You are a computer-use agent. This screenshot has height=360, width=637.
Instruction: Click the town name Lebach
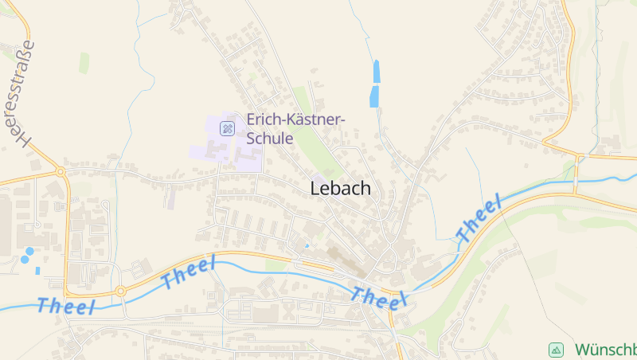point(340,189)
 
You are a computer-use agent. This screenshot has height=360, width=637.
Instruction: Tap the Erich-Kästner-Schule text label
point(295,128)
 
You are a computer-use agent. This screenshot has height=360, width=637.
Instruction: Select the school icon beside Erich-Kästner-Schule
point(228,127)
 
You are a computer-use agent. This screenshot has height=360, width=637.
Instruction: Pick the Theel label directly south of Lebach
point(378,297)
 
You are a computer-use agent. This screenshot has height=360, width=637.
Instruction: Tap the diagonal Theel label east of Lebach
point(479,217)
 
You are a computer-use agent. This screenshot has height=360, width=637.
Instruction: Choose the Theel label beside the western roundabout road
point(188,273)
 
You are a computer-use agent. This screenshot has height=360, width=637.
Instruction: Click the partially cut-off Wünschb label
point(605,350)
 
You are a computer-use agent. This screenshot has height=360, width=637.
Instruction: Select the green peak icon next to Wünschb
point(556,350)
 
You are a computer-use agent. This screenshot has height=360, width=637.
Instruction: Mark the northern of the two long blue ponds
point(376,71)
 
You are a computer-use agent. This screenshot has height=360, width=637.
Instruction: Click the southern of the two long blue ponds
point(373,98)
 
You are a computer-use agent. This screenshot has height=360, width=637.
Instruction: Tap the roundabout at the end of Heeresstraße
point(60,171)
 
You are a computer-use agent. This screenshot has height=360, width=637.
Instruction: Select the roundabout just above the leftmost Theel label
point(120,291)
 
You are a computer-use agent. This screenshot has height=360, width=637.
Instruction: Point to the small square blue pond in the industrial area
point(37,270)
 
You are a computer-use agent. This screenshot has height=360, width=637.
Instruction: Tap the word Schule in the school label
point(270,138)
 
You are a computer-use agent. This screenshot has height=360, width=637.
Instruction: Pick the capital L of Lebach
point(315,189)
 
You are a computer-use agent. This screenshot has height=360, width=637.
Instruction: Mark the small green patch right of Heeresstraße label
point(84,63)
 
